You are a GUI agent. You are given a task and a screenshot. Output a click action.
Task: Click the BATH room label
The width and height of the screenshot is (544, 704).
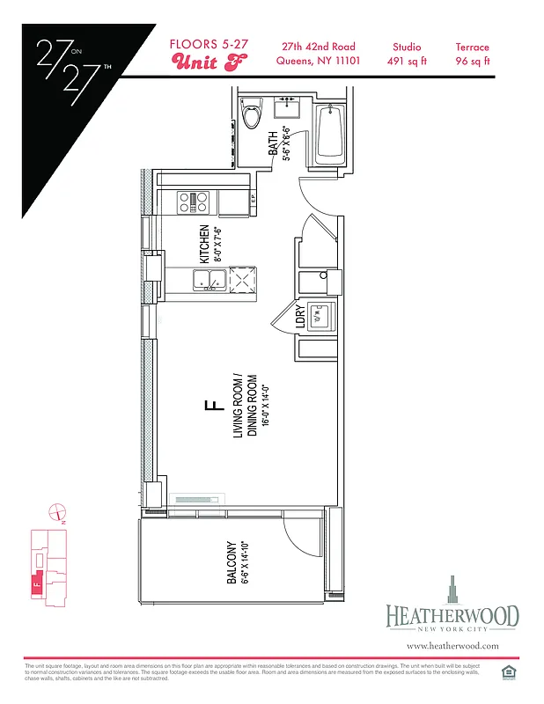coord(274,143)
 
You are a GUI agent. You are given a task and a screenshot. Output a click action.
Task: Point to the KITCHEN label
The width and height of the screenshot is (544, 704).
coord(204,244)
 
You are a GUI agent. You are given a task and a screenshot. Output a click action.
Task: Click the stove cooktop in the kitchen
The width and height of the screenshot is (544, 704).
coord(195,202)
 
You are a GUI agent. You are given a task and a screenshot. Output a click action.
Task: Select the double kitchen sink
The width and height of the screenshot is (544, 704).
coord(210,281)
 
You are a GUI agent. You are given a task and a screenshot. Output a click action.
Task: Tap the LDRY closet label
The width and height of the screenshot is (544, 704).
coord(300,316)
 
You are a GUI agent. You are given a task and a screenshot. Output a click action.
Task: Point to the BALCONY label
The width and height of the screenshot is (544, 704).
coord(231,562)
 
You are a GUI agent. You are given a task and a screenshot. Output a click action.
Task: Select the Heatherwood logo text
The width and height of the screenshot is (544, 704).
coord(452,616)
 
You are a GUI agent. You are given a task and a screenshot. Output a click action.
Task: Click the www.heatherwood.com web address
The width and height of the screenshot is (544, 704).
coord(452,645)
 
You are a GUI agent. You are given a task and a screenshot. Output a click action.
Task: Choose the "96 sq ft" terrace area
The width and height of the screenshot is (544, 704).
coord(473,61)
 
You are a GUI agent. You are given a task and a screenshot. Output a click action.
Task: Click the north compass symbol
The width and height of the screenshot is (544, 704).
coord(57,510)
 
